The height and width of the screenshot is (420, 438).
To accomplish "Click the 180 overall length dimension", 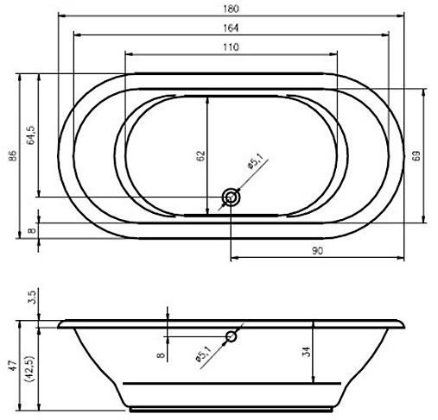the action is [231, 9].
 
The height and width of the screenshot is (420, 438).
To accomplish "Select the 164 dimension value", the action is [231, 28].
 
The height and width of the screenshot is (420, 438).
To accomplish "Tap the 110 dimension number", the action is [231, 47].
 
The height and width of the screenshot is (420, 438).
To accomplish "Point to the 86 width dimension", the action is [13, 156].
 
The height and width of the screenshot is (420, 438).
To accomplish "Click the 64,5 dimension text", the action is [31, 135].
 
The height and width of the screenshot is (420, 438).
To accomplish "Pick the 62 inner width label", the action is [201, 155].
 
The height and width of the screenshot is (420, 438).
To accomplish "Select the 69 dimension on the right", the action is [416, 155].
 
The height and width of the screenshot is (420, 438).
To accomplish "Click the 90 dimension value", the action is [317, 251].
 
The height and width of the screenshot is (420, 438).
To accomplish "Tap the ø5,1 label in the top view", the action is [255, 161].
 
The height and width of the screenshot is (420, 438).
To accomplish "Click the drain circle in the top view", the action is [231, 197].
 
